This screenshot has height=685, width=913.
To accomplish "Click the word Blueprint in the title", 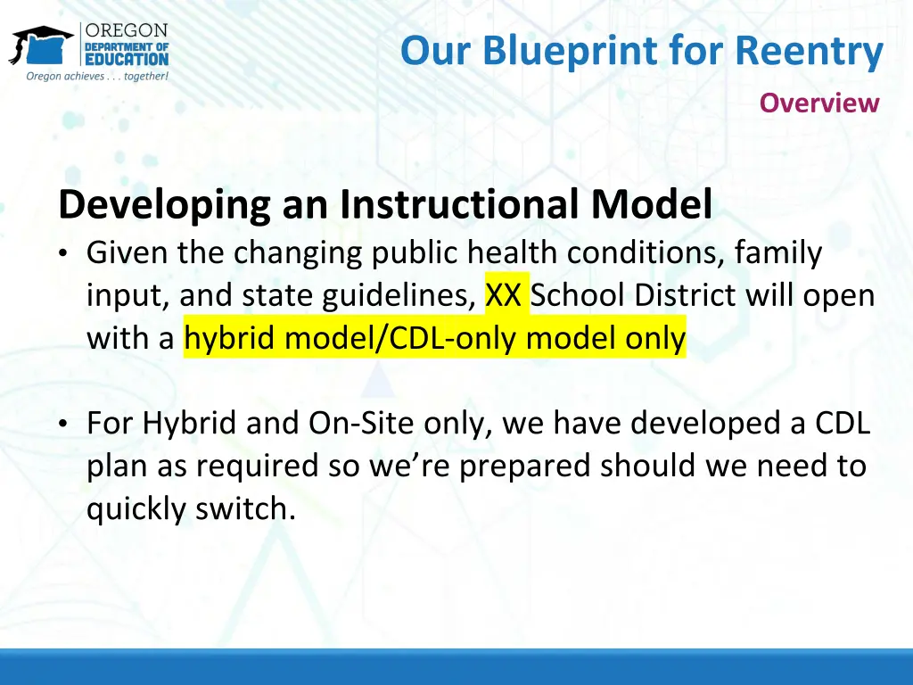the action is coord(570,52).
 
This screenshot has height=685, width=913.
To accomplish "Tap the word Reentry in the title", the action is coord(809,52).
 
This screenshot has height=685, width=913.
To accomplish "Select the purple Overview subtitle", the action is coord(818,103).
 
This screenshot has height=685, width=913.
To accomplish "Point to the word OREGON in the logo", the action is coord(127,30).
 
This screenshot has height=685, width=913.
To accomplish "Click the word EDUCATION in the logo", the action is coord(127,59).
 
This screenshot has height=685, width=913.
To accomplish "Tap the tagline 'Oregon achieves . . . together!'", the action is coord(97,77).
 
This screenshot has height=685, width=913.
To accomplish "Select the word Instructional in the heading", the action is coord(460,204).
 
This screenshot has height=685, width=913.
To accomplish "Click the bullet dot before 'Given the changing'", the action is coord(63,253).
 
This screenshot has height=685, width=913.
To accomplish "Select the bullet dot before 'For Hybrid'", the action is coord(63,424).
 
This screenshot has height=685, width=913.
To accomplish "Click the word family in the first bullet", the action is coord(777,253).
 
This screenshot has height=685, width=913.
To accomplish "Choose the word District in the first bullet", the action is coord(686,294).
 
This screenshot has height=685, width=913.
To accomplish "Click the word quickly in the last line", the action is coord(136,509).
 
